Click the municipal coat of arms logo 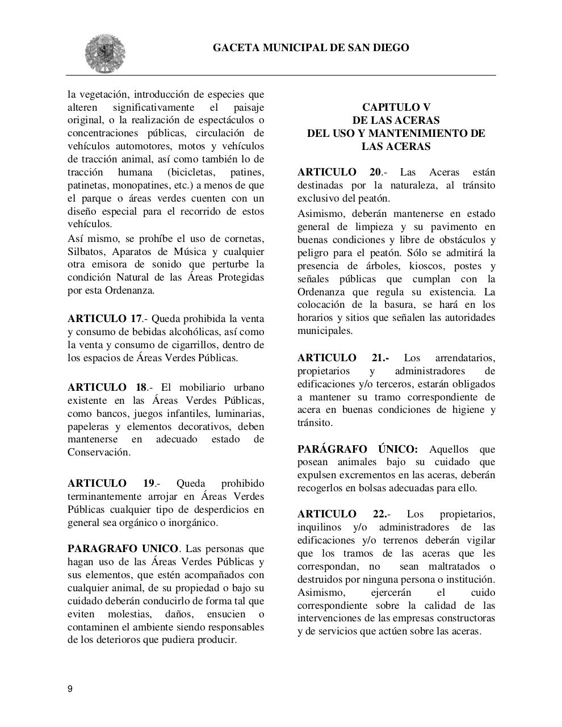pos(105,53)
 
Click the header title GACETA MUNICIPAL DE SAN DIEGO pos(311,48)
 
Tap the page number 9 pos(70,689)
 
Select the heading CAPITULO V pos(396,107)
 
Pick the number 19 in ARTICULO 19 pos(149,483)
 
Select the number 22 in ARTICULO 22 pos(379,514)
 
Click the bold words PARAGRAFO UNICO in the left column pos(123,549)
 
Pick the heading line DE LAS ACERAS pos(396,120)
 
